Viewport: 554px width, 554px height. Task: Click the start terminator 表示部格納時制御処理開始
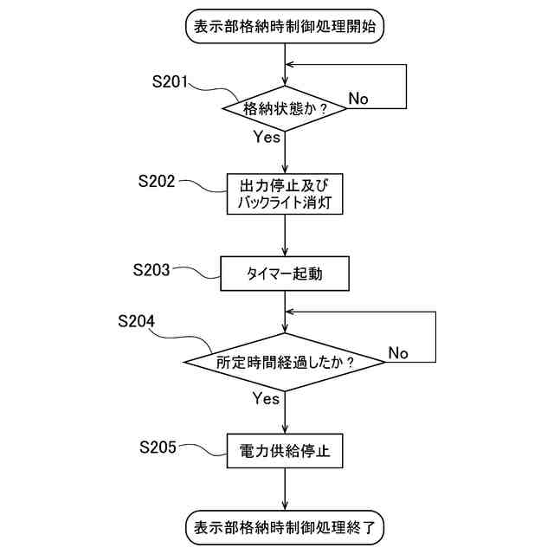[285, 26]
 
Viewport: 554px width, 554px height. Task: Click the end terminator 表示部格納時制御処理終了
[285, 526]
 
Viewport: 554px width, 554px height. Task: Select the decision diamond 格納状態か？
[285, 109]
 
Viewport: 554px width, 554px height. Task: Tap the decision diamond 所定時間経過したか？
[285, 363]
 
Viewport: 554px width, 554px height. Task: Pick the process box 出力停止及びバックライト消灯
[285, 195]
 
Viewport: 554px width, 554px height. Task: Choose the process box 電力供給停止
[285, 451]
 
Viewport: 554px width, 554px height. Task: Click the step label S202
[157, 182]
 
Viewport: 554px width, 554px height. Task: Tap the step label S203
[152, 269]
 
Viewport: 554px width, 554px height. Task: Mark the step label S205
[158, 447]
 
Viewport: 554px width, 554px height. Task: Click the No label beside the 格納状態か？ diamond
[358, 99]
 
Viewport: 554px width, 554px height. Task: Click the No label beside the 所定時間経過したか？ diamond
[397, 353]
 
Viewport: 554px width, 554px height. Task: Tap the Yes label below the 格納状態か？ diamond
[267, 137]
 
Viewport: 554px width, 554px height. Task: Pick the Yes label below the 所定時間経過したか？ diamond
[266, 398]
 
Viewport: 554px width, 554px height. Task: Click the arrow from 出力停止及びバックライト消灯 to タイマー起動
[285, 235]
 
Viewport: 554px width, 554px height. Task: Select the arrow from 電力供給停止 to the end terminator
[285, 490]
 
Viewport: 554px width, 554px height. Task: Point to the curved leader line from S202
[203, 188]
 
